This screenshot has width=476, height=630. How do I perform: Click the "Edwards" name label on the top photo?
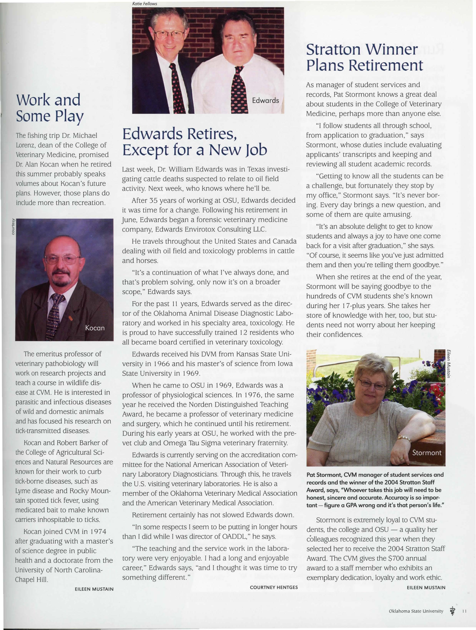(265, 100)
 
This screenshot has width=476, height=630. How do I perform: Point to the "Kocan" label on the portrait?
(95, 328)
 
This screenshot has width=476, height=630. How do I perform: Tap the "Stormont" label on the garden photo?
(427, 453)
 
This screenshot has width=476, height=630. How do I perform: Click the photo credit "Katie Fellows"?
(145, 4)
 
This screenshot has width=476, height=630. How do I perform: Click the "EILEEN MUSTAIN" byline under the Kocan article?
(94, 589)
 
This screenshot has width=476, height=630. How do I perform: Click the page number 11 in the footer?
(464, 611)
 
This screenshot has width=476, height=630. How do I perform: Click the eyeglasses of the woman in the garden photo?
(372, 384)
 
